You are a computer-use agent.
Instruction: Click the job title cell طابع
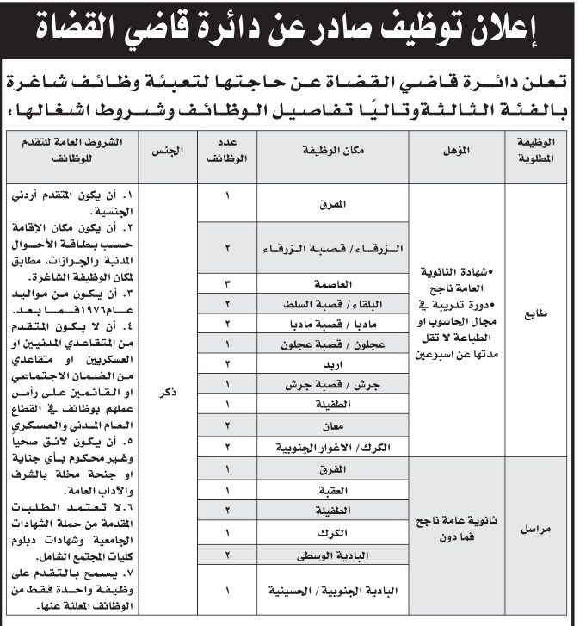click(539, 315)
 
